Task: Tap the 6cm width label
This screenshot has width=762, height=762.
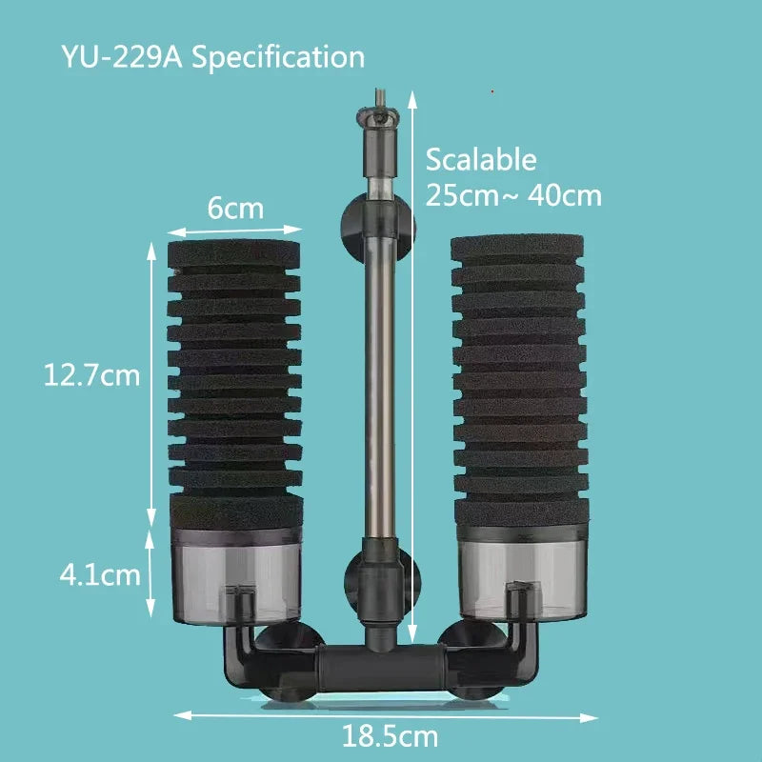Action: [x=235, y=208]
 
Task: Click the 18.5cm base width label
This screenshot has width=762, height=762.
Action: [x=391, y=735]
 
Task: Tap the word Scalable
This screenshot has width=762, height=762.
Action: [x=481, y=159]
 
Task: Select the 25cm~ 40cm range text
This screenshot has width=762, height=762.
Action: [x=513, y=195]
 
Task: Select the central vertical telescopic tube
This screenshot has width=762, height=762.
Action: [x=380, y=381]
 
